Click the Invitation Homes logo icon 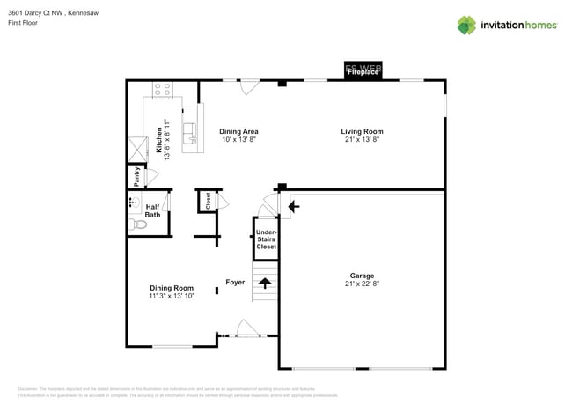click(466, 25)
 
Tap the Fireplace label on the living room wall click(362, 71)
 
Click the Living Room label click(362, 131)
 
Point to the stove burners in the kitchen click(163, 89)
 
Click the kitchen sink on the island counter click(189, 133)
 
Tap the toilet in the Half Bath click(138, 225)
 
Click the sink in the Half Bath click(134, 203)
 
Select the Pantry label click(136, 176)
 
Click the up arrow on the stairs click(265, 283)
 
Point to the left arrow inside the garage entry click(293, 206)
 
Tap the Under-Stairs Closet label click(266, 239)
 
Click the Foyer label click(235, 283)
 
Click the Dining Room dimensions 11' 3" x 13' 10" click(172, 297)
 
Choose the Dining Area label click(238, 131)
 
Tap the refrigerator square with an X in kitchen click(137, 149)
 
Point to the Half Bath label click(152, 210)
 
